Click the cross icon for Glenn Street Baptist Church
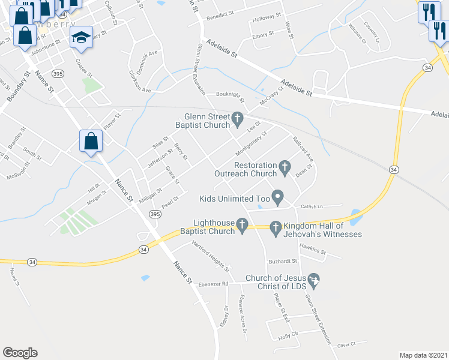[238, 117]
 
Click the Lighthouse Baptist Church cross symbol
[242, 224]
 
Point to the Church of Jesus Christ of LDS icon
[312, 279]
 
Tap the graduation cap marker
[80, 37]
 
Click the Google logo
[20, 353]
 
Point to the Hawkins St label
[312, 252]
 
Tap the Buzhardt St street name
[283, 262]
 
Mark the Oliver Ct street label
[346, 344]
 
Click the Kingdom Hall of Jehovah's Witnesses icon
[276, 227]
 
